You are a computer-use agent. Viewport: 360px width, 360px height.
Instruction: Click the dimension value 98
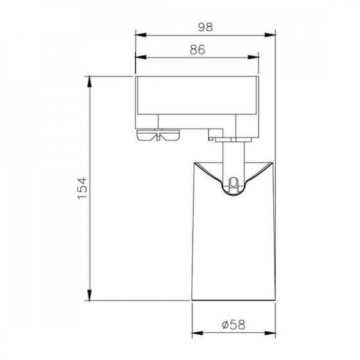coord(206,27)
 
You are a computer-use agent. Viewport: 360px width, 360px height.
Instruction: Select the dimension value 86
coord(197,49)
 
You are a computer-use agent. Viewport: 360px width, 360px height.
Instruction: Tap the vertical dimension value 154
coord(83,188)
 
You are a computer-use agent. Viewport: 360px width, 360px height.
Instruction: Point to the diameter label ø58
coord(233,325)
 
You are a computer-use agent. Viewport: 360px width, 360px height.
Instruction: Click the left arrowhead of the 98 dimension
coord(140,35)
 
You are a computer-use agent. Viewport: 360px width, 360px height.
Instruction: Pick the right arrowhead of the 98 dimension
coord(270,35)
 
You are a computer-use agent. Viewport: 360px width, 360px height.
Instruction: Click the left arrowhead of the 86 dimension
coord(140,57)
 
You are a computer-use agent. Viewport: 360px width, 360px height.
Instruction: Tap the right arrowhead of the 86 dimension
coord(253,57)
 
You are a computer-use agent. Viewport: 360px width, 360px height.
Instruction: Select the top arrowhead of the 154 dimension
coord(89,82)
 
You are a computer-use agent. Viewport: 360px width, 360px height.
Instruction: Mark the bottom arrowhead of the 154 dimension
coord(89,295)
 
